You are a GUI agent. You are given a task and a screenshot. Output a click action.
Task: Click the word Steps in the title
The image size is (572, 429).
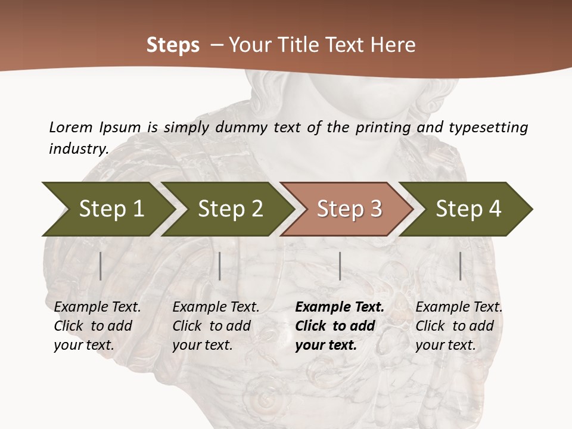point(173,45)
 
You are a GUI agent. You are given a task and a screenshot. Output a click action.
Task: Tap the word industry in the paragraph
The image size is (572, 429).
point(78,148)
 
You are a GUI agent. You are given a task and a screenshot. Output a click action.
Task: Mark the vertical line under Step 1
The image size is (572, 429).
point(101,266)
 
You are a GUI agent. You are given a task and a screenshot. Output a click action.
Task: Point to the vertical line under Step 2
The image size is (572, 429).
point(220,266)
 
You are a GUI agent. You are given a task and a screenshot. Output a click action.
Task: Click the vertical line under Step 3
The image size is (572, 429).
point(340,266)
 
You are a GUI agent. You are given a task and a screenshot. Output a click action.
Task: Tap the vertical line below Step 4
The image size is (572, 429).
point(460,266)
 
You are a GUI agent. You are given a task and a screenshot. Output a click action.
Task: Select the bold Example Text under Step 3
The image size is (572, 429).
point(340,307)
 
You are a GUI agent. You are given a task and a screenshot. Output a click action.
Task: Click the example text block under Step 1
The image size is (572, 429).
point(97,326)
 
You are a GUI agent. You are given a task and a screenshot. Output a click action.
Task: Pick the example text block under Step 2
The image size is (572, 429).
point(216,326)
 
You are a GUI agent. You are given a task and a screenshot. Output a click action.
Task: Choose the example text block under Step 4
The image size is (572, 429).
point(459,326)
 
